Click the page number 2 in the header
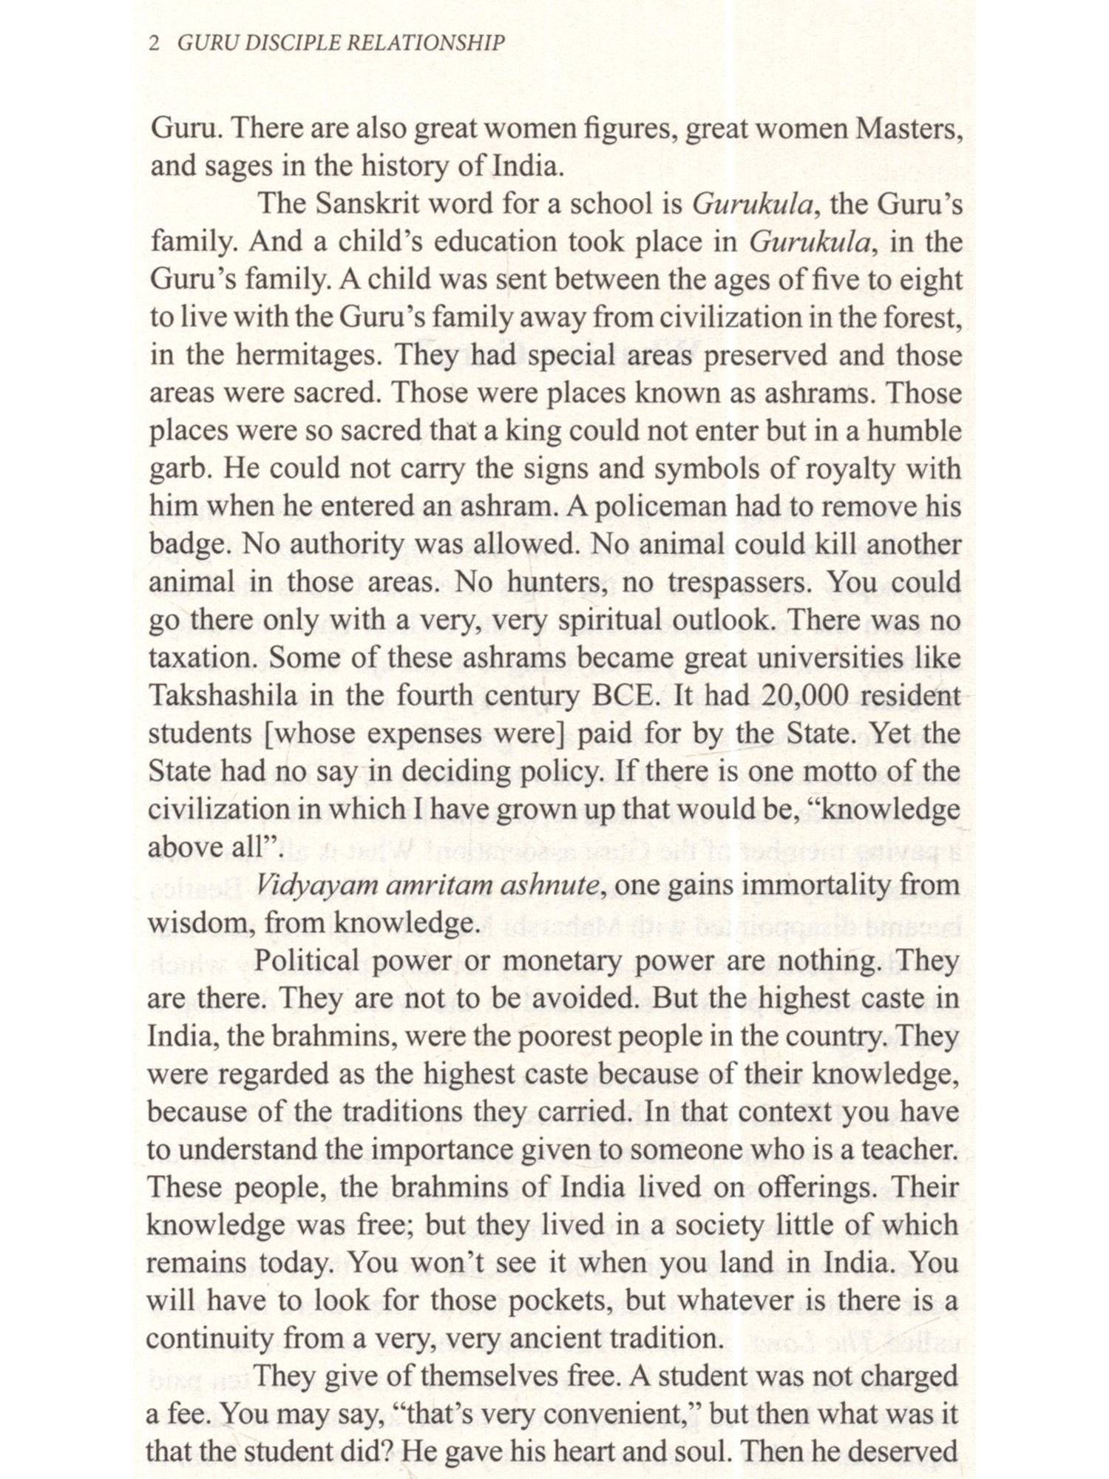(155, 44)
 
